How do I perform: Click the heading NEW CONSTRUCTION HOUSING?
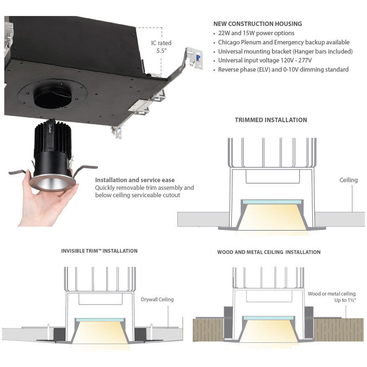[257, 24]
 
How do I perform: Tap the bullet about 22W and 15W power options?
[256, 33]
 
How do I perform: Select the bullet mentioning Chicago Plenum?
[284, 42]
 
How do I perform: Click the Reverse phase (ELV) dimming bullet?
[283, 70]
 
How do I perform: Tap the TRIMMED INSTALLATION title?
[271, 120]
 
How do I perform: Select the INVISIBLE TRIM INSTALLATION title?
[99, 251]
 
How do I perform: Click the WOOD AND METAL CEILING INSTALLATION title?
[269, 252]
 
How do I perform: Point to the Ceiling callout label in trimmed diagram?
[348, 180]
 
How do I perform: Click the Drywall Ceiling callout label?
[157, 300]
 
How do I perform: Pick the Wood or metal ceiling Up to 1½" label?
[331, 297]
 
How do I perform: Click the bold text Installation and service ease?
[135, 180]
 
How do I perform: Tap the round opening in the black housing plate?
[53, 97]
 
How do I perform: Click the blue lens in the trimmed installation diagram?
[272, 202]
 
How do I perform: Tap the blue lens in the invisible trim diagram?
[100, 320]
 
